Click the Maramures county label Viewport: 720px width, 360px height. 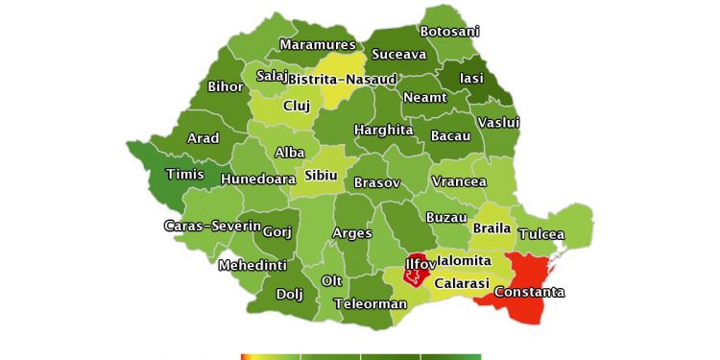[x=317, y=44]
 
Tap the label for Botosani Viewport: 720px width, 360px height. [x=449, y=32]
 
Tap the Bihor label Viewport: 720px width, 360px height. [x=226, y=86]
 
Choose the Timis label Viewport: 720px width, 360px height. [x=184, y=174]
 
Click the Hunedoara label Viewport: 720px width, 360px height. [x=258, y=179]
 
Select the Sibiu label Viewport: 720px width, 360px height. [x=322, y=175]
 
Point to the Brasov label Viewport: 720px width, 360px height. [x=377, y=182]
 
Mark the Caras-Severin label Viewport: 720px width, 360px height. [x=211, y=227]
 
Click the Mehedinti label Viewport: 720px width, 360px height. [x=252, y=265]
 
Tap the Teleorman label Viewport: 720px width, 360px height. [x=371, y=304]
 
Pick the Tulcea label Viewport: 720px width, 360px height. [x=541, y=234]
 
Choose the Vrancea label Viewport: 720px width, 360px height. [x=459, y=181]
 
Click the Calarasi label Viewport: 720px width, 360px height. [x=462, y=284]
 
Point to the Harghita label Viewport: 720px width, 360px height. [x=384, y=130]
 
